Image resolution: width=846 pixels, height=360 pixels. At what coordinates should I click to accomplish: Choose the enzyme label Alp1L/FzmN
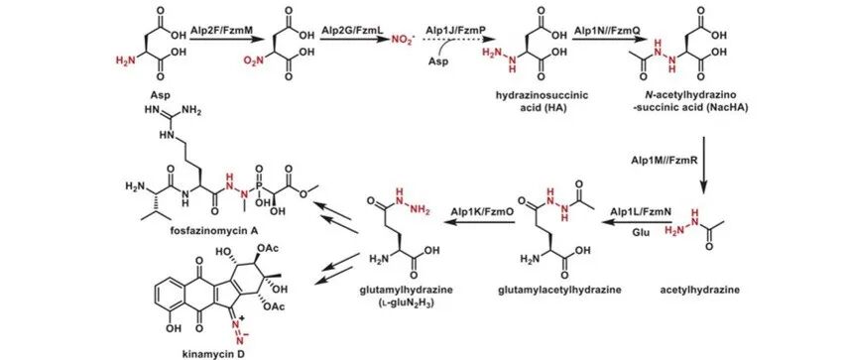click(x=641, y=211)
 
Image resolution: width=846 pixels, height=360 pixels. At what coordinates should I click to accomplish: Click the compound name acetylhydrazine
click(x=700, y=290)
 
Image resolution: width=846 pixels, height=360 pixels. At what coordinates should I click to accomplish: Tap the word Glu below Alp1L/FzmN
click(x=641, y=233)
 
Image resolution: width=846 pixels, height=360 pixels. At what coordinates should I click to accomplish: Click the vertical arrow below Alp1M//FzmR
click(x=704, y=164)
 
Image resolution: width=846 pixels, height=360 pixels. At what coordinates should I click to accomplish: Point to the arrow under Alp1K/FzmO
click(x=479, y=222)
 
